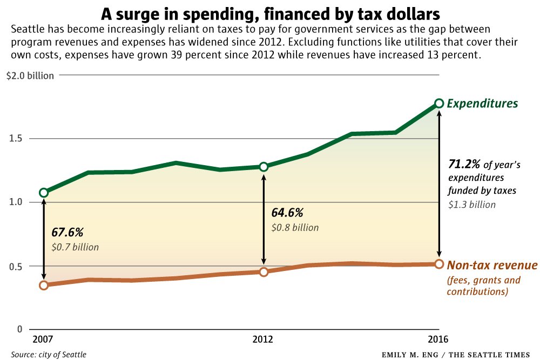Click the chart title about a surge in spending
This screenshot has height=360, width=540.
click(x=270, y=12)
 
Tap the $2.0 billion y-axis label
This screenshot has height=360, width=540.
click(x=30, y=76)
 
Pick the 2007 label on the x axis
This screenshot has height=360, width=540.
click(x=43, y=339)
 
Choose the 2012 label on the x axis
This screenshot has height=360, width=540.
click(x=263, y=339)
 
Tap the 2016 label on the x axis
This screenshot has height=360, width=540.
click(x=438, y=339)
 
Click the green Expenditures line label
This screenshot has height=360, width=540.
click(x=483, y=104)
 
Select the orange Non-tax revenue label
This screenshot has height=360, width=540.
click(x=492, y=266)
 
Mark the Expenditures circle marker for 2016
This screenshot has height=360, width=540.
click(x=439, y=103)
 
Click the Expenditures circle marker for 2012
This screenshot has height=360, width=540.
click(x=264, y=167)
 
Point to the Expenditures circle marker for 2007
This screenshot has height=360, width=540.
click(x=44, y=193)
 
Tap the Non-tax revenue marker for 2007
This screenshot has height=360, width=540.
click(x=44, y=285)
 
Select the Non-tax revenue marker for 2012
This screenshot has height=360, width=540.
click(x=264, y=272)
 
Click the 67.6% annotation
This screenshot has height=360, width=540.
click(x=67, y=233)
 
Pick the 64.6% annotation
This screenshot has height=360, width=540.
click(x=287, y=213)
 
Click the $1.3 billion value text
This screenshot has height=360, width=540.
click(x=472, y=205)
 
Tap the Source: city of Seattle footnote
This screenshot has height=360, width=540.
click(x=48, y=355)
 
